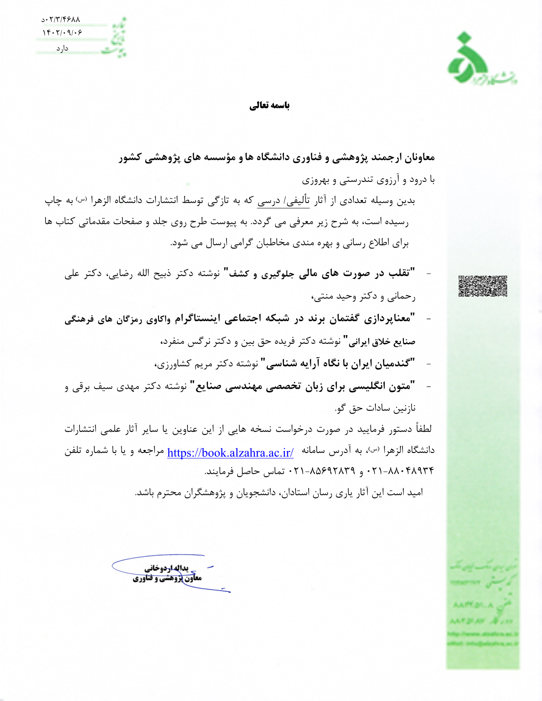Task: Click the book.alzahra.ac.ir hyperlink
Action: pyautogui.click(x=230, y=452)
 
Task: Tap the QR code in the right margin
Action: pyautogui.click(x=482, y=286)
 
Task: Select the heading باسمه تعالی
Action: pyautogui.click(x=270, y=105)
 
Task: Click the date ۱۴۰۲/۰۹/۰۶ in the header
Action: pyautogui.click(x=62, y=32)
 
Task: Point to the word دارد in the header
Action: pyautogui.click(x=62, y=49)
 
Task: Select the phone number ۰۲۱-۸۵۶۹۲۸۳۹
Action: pyautogui.click(x=322, y=471)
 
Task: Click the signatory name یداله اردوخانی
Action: pyautogui.click(x=166, y=568)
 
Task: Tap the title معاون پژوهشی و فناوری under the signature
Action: pyautogui.click(x=167, y=578)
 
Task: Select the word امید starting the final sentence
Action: pyautogui.click(x=415, y=492)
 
